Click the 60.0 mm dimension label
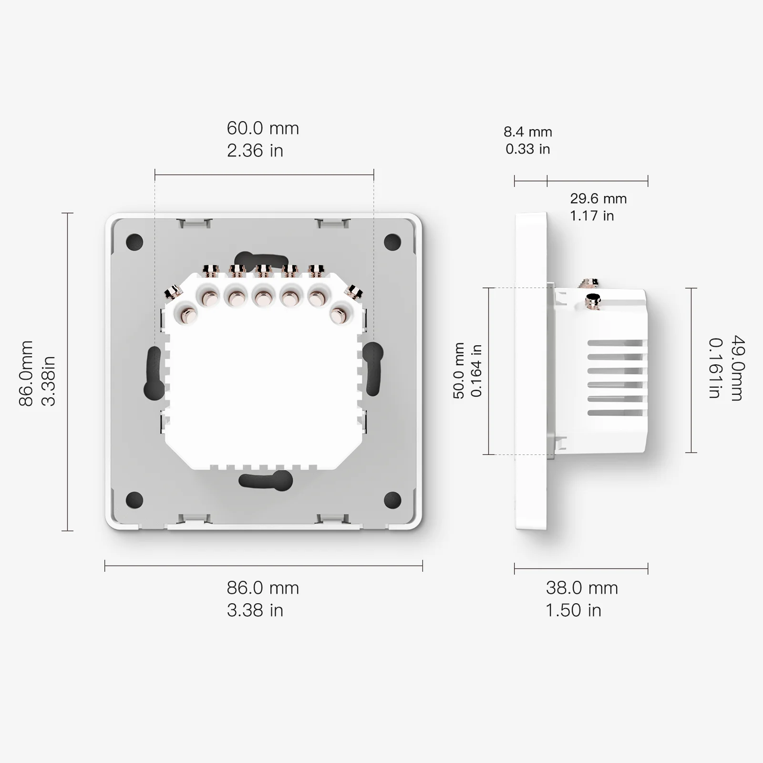pyautogui.click(x=263, y=129)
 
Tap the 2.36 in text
pyautogui.click(x=255, y=151)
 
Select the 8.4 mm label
pyautogui.click(x=527, y=132)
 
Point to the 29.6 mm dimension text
pyautogui.click(x=598, y=199)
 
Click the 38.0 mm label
pyautogui.click(x=582, y=588)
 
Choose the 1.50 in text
pyautogui.click(x=573, y=610)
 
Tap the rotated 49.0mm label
pyautogui.click(x=737, y=368)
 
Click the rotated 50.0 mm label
pyautogui.click(x=458, y=371)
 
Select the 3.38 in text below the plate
pyautogui.click(x=255, y=610)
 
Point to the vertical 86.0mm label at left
pyautogui.click(x=26, y=373)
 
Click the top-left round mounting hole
pyautogui.click(x=134, y=242)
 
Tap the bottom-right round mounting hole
pyautogui.click(x=392, y=499)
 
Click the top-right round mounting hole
pyautogui.click(x=392, y=242)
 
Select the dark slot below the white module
pyautogui.click(x=266, y=480)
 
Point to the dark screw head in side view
pyautogui.click(x=593, y=300)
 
